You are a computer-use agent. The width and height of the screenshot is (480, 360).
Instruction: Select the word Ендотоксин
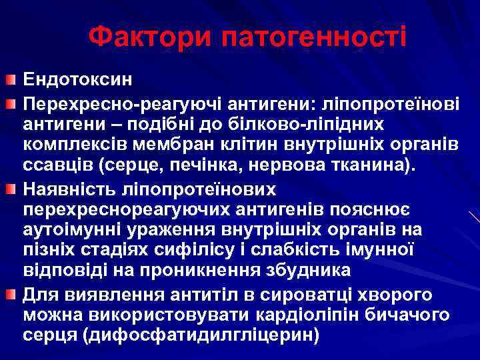78,79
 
